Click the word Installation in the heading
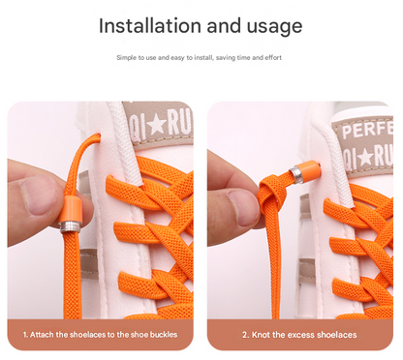pos(150,25)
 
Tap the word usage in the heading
pos(274,27)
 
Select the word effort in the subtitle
pos(273,57)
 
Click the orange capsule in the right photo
pos(309,169)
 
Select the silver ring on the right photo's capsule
pos(296,175)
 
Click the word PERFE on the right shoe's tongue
pos(367,128)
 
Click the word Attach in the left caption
pos(42,335)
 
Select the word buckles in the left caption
pos(164,335)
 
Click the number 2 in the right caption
pos(244,335)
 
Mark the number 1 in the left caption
pos(25,335)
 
